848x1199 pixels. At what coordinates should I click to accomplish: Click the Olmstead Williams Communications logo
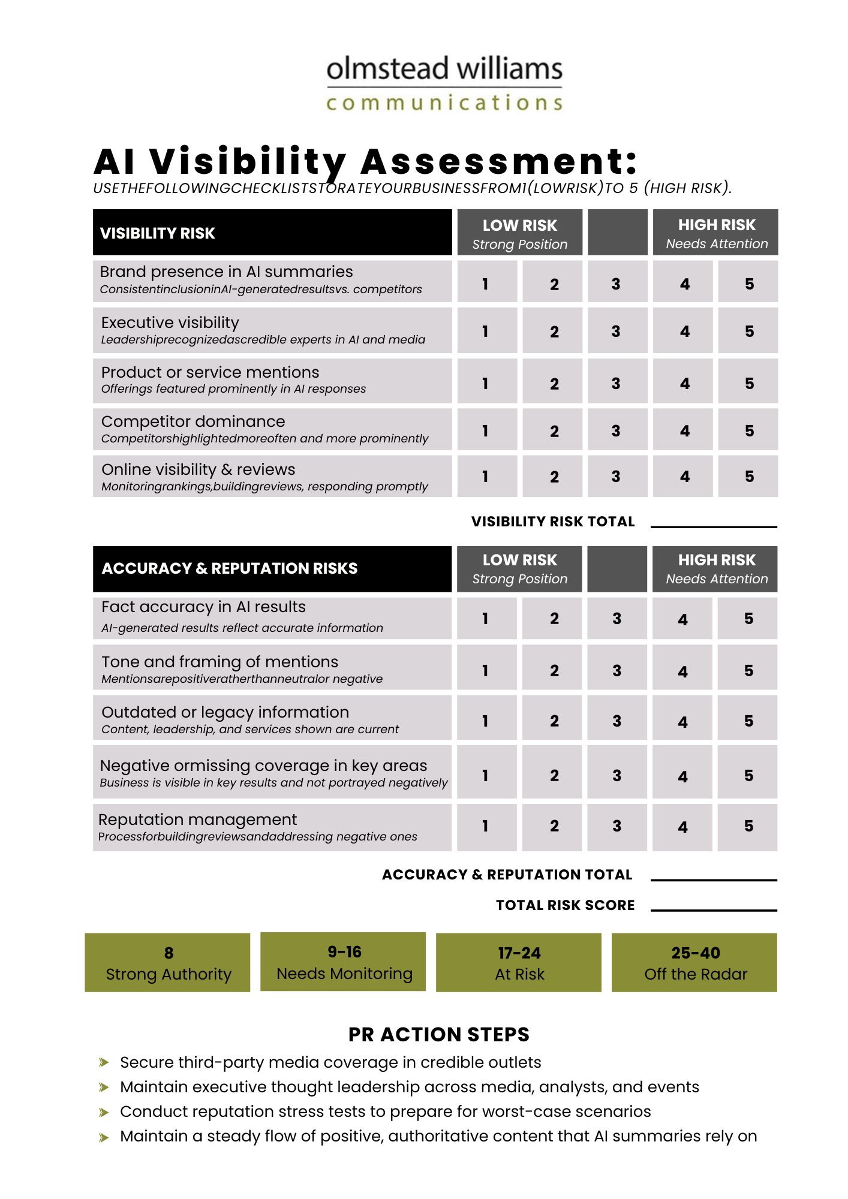click(x=444, y=83)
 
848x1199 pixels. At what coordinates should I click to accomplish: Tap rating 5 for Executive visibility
click(x=748, y=331)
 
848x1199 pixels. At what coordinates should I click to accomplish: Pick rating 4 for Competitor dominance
click(x=684, y=430)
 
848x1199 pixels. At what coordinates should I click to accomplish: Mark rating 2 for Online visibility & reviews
click(x=554, y=477)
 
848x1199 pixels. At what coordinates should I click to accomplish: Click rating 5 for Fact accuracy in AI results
click(x=748, y=619)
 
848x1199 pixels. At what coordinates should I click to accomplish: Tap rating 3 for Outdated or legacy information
click(x=617, y=721)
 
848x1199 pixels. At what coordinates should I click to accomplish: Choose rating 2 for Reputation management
click(x=554, y=826)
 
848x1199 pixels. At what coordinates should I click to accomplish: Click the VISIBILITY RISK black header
click(x=272, y=233)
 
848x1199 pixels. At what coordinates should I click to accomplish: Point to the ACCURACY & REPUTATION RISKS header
click(x=272, y=568)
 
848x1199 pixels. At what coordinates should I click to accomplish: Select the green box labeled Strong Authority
click(x=168, y=962)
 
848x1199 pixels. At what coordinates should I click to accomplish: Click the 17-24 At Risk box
click(x=519, y=962)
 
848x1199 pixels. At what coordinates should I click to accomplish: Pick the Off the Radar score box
click(x=694, y=962)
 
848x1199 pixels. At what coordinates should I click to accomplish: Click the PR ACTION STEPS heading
click(x=439, y=1034)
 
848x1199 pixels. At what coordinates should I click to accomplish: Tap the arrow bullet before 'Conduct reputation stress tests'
click(x=104, y=1113)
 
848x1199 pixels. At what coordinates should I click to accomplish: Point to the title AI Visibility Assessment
click(x=366, y=162)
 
